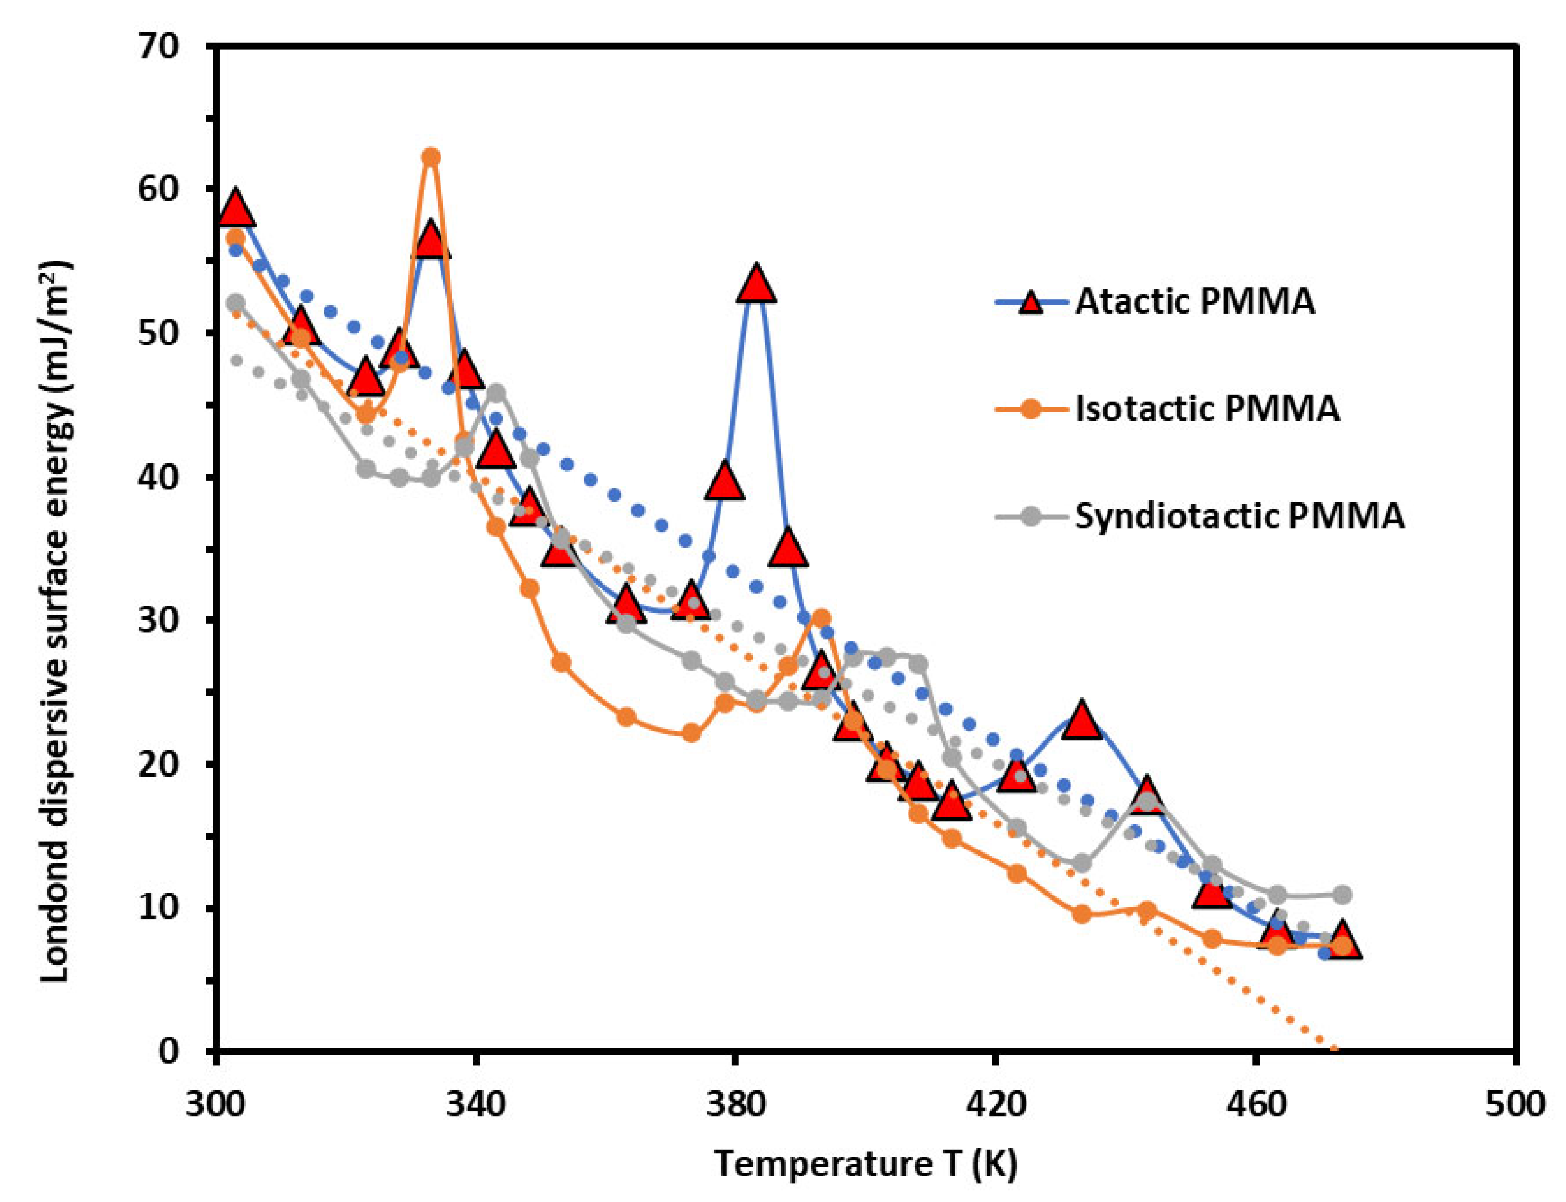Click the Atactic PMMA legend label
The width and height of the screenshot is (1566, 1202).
(1194, 302)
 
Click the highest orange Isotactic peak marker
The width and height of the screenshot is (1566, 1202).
(431, 157)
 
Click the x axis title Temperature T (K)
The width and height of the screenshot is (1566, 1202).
(865, 1164)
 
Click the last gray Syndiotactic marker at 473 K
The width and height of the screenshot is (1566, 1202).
(1341, 895)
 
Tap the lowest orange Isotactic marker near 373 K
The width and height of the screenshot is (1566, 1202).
(691, 732)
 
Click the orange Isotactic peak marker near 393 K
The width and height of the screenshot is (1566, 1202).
(821, 618)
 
